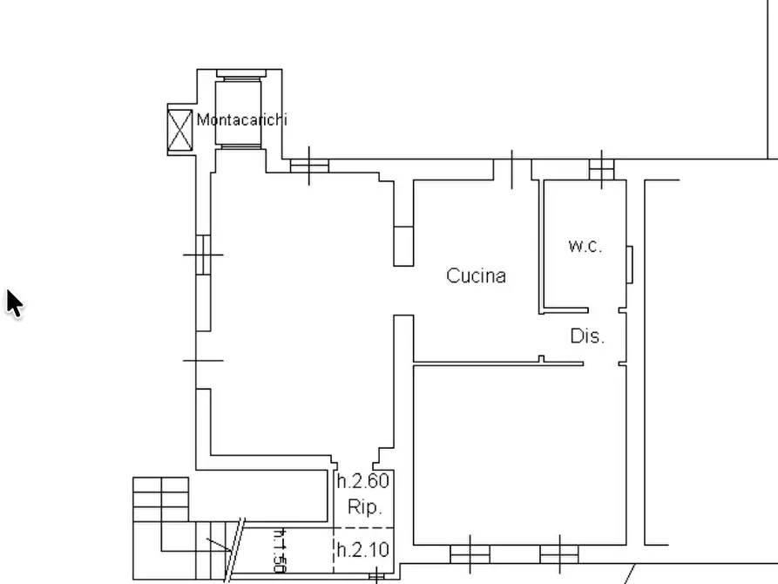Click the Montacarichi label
[x=241, y=119]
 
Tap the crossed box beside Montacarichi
[x=179, y=130]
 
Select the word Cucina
[x=476, y=275]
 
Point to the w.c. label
[x=585, y=245]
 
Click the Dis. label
[x=587, y=336]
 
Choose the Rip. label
[x=365, y=507]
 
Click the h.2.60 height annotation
[x=363, y=480]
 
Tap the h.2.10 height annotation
[x=363, y=550]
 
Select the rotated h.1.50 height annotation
[x=281, y=550]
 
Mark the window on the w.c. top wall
[x=601, y=169]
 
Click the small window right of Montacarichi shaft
[x=309, y=166]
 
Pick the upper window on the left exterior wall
[x=203, y=255]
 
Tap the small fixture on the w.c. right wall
[x=630, y=265]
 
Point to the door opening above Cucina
[x=512, y=169]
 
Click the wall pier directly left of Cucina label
[x=403, y=247]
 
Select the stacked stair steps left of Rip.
[x=161, y=499]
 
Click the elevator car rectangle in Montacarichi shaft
[x=238, y=113]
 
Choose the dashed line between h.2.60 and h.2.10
[x=363, y=527]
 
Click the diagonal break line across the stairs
[x=235, y=550]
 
